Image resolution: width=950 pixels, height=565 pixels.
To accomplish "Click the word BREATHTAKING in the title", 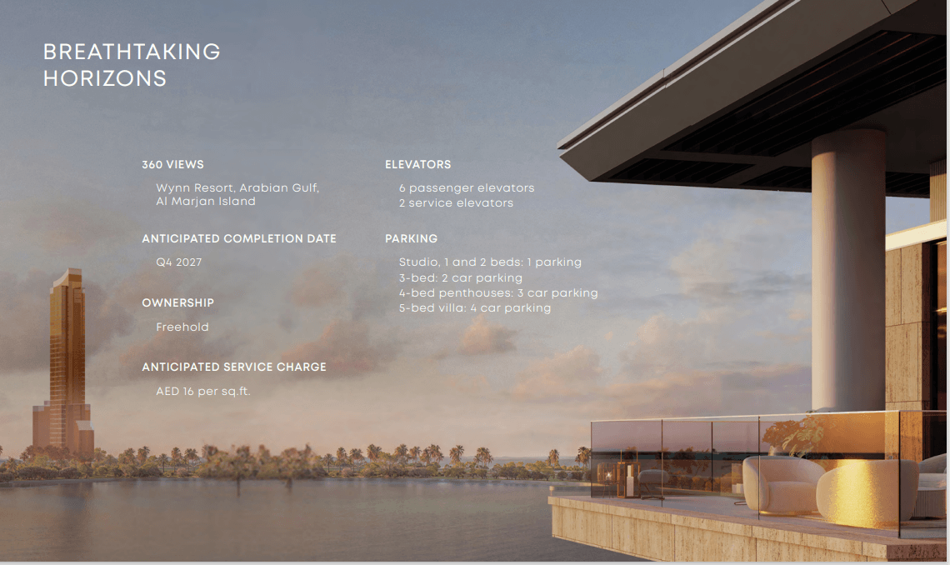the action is click(132, 52).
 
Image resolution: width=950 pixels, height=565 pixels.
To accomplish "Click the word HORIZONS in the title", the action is click(105, 78).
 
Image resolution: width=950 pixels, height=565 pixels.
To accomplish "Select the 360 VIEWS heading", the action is click(172, 164).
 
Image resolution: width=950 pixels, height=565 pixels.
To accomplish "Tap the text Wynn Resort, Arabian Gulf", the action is click(237, 187).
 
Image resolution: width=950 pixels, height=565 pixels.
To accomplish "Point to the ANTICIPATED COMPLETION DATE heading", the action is click(238, 238).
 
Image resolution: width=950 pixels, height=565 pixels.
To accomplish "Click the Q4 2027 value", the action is click(178, 262).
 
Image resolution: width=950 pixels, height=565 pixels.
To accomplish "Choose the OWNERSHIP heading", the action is click(177, 302).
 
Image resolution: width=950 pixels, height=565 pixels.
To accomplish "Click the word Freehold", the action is click(182, 327).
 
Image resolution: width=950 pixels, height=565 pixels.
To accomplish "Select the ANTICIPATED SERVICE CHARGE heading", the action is click(234, 367).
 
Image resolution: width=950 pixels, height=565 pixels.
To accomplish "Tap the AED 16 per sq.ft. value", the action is click(203, 391).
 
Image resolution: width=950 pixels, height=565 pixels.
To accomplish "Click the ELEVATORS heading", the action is click(418, 164).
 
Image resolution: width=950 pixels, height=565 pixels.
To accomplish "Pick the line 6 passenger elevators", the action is click(467, 187).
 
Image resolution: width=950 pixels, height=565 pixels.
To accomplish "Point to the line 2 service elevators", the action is click(456, 202).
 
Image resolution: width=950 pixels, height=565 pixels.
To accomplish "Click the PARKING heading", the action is click(411, 238).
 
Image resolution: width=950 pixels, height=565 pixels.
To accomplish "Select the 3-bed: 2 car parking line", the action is click(461, 278).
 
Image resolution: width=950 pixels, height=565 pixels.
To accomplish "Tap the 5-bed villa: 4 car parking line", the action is click(475, 307).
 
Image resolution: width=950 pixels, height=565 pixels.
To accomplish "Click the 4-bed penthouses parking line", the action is click(498, 293).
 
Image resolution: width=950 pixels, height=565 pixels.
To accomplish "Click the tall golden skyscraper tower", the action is click(65, 363).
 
